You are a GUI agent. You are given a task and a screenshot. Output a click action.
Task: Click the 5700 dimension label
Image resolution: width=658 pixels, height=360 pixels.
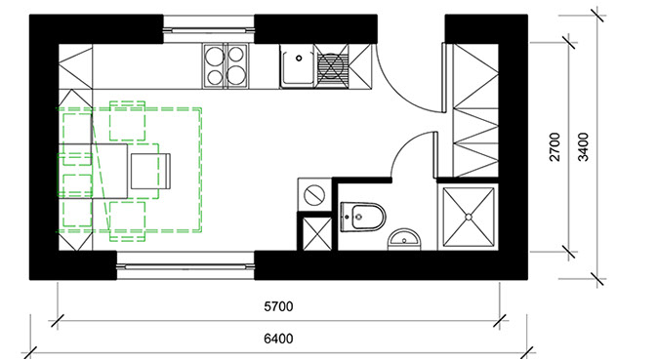click(x=278, y=306)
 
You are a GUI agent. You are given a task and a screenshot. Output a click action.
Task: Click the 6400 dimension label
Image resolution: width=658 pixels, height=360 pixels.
click(x=278, y=339)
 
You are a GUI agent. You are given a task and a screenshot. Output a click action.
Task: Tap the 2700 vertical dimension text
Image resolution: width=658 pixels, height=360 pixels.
click(x=555, y=147)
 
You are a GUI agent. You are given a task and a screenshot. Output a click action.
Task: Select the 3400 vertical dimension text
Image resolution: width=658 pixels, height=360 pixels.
click(x=583, y=147)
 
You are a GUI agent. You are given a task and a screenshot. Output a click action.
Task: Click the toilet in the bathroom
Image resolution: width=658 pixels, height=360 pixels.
click(x=362, y=217)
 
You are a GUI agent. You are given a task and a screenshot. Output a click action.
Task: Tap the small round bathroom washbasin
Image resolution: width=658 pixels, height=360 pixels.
click(x=404, y=240)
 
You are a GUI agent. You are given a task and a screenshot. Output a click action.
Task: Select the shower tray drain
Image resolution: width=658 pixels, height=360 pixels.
click(x=469, y=217)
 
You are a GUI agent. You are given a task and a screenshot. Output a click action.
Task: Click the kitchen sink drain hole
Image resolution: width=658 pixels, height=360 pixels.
click(x=299, y=58)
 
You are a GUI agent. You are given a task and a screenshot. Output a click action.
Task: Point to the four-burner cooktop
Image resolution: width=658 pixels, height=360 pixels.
click(x=226, y=66)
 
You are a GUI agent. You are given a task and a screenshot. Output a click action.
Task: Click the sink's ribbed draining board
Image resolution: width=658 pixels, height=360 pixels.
click(x=332, y=66)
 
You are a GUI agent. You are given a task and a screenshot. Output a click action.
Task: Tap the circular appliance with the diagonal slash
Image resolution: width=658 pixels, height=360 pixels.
click(x=314, y=195)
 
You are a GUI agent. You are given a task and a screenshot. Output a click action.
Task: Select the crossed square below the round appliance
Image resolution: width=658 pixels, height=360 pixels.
click(x=317, y=234)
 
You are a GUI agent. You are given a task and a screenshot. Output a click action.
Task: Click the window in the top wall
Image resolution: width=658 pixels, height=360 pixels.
click(x=209, y=29)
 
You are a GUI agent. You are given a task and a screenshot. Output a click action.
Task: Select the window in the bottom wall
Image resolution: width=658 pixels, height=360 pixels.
click(x=185, y=265)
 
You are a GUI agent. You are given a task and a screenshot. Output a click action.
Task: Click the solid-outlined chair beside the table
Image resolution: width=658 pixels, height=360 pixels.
click(x=150, y=171)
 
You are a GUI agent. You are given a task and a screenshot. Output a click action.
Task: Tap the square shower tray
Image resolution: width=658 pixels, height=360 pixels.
click(x=469, y=217)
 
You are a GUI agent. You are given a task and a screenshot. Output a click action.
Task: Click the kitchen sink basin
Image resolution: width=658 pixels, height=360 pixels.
click(x=298, y=66)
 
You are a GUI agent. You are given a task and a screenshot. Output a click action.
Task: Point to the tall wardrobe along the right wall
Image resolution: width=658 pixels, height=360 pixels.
click(x=475, y=110)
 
